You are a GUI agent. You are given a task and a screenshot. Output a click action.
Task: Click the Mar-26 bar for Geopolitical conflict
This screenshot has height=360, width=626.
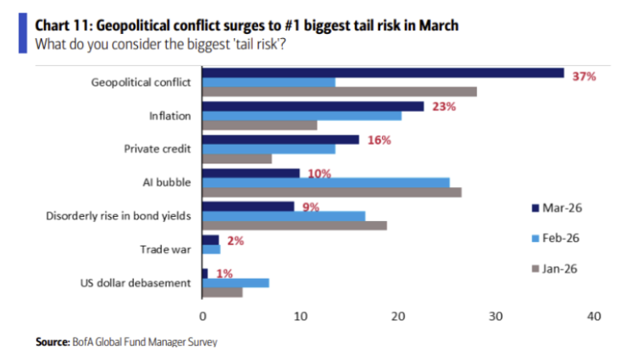[x=383, y=73]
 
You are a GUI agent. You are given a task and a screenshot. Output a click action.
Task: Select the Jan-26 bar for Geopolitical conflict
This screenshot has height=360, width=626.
[x=340, y=91]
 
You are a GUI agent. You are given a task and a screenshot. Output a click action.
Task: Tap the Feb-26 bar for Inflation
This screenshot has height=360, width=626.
[x=302, y=115]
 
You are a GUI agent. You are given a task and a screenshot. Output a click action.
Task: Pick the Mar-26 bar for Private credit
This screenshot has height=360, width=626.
[x=281, y=140]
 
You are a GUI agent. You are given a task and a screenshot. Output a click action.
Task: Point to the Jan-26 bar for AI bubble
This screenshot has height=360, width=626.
[x=332, y=191]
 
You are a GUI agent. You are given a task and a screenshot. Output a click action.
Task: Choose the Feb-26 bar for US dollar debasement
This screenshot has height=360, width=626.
[x=236, y=282]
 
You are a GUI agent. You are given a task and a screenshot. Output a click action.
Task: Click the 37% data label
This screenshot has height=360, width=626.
[x=584, y=76]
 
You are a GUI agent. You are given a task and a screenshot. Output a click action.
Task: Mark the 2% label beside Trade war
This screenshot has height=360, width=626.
[x=235, y=241]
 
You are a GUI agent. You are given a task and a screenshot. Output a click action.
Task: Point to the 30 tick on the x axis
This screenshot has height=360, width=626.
[x=496, y=316]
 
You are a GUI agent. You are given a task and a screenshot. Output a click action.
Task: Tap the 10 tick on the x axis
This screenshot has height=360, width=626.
[x=301, y=316]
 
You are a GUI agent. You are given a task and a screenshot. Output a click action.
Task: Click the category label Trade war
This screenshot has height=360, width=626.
[x=165, y=249]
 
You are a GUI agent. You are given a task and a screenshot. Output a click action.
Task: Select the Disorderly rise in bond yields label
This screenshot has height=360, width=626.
[x=118, y=216]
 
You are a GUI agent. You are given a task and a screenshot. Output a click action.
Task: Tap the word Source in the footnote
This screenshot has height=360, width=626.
[x=51, y=342]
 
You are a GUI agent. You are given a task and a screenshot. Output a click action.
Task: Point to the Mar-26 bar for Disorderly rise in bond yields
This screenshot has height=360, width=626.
[x=248, y=206]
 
